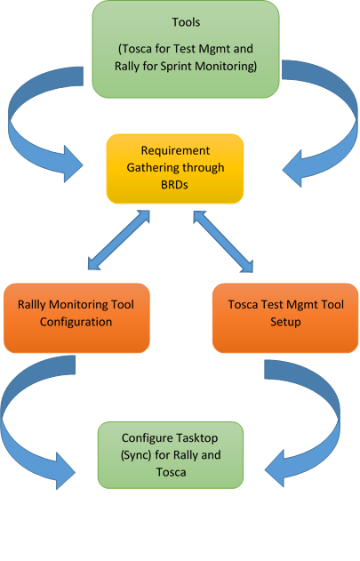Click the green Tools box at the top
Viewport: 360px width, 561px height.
(x=185, y=48)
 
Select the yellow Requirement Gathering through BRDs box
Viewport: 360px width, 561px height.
(x=175, y=167)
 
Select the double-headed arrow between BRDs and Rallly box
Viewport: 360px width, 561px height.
(x=117, y=239)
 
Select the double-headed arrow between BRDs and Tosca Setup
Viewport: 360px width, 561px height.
(x=223, y=239)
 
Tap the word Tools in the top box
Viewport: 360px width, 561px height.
(x=185, y=22)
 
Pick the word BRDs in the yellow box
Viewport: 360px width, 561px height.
(x=175, y=183)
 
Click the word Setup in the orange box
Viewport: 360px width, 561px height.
(x=284, y=322)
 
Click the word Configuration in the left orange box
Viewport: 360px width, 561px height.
(x=76, y=322)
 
